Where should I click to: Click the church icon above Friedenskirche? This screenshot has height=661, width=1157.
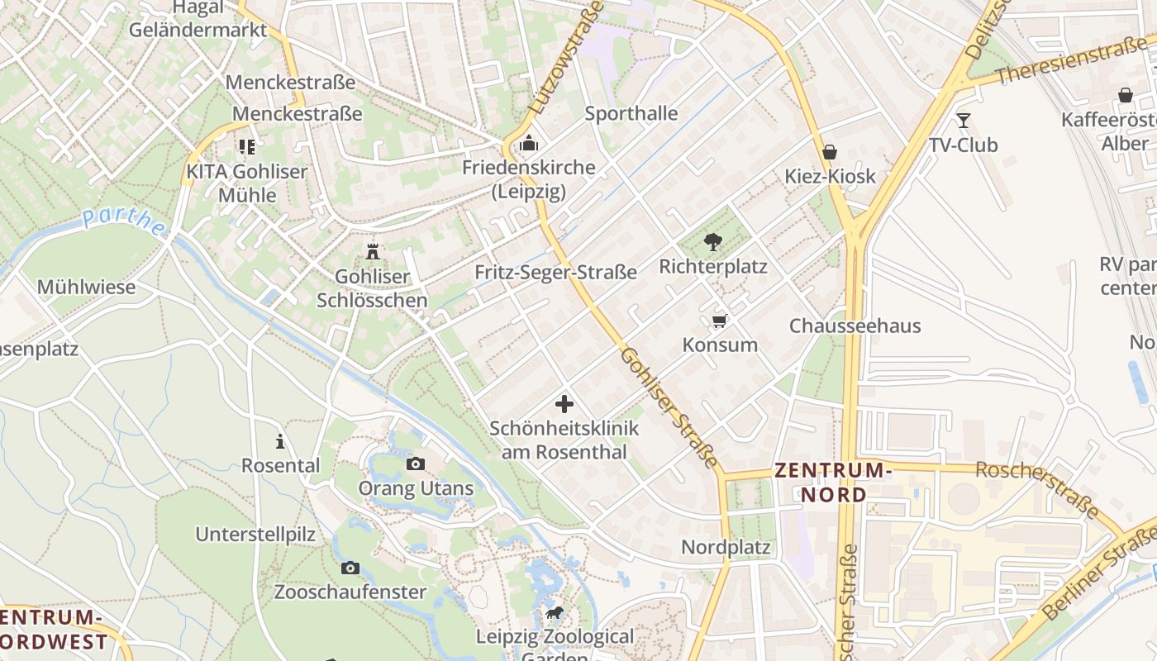529,144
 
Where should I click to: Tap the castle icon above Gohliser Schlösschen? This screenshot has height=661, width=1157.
373,250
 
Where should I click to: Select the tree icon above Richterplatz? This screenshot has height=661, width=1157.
712,241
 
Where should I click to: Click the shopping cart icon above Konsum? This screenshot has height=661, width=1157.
719,320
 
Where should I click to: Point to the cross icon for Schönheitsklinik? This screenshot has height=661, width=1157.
564,404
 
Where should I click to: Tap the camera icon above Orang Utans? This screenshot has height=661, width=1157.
416,464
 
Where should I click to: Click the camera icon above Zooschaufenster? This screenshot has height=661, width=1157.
350,568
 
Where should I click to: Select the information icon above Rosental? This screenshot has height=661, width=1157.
280,441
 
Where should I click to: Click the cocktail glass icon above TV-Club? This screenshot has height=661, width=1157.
963,121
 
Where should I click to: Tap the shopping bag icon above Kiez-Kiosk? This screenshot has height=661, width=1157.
830,152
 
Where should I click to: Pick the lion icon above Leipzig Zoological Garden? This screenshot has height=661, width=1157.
555,613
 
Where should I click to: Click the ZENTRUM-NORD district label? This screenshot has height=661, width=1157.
833,483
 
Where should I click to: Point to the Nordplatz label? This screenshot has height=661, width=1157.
726,547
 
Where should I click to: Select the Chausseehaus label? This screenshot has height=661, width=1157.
855,326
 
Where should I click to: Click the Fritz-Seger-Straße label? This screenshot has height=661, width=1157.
555,272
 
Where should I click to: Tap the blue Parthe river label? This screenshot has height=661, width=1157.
124,220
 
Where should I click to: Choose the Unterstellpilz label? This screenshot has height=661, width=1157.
255,534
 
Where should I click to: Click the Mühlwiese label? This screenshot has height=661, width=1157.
86,288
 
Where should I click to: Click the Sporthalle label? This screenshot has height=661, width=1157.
631,113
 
